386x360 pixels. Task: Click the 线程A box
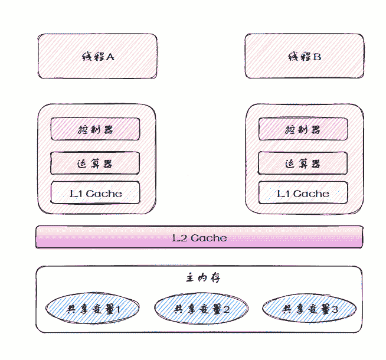tap(97, 56)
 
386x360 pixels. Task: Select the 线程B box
tap(304, 56)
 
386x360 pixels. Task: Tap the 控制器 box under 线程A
tap(95, 129)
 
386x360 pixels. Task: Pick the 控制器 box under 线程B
tap(302, 129)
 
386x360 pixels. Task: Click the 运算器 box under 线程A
tap(95, 163)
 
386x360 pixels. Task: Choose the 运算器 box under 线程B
tap(302, 163)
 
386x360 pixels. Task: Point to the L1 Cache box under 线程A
tap(95, 192)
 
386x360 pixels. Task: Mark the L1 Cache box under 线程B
tap(302, 192)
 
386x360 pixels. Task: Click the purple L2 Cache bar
tap(199, 237)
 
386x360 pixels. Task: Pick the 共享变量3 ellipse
tap(309, 309)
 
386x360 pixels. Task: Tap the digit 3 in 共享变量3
tap(335, 309)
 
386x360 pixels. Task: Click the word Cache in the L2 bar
tap(208, 238)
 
